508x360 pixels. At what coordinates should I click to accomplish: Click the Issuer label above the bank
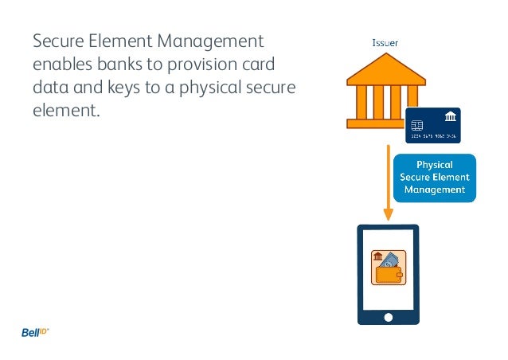coord(386,41)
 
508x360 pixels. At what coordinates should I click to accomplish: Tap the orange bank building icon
coord(385,91)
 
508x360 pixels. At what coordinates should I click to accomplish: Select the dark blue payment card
coord(433,126)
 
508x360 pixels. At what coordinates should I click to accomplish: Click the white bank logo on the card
coord(450,118)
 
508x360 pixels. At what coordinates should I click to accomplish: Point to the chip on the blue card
coord(416,126)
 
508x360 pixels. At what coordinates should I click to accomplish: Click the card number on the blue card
coord(433,137)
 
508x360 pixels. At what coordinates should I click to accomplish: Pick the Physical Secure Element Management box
coord(435,178)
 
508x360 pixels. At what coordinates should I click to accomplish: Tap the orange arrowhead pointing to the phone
coord(389,214)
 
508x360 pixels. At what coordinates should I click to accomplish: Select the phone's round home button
coord(389,316)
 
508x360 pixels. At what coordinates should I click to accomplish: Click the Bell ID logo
coord(35,332)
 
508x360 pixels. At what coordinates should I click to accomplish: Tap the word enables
coord(61,63)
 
